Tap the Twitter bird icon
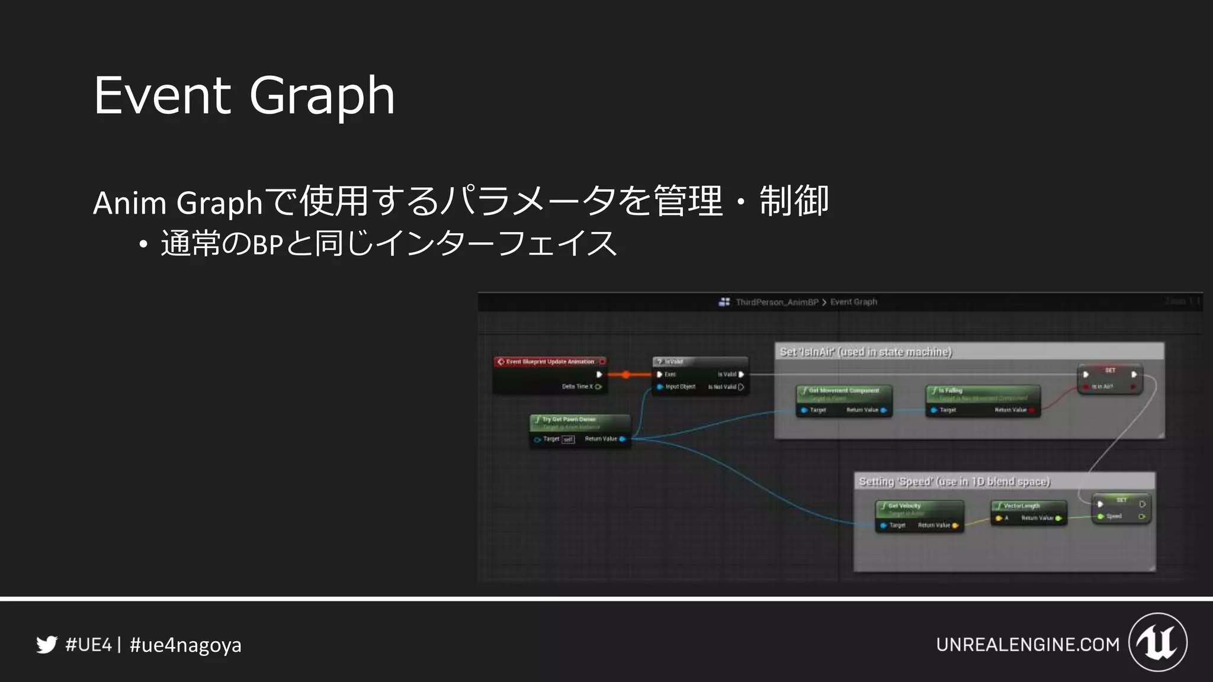click(47, 644)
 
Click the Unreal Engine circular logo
click(1158, 642)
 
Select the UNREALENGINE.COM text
click(1028, 644)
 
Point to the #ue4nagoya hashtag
click(185, 645)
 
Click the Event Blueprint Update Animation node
click(550, 362)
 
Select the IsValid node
click(700, 362)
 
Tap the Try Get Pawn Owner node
click(580, 420)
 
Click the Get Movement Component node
click(844, 391)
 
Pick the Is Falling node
click(983, 391)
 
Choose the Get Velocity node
click(919, 506)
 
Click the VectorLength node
click(1029, 506)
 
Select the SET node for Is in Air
click(1110, 371)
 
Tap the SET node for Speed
click(1121, 501)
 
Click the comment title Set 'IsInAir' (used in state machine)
click(866, 352)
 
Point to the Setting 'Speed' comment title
click(954, 482)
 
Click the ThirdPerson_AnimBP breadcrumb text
click(776, 302)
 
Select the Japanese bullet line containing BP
click(389, 243)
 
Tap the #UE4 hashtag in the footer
click(88, 645)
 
